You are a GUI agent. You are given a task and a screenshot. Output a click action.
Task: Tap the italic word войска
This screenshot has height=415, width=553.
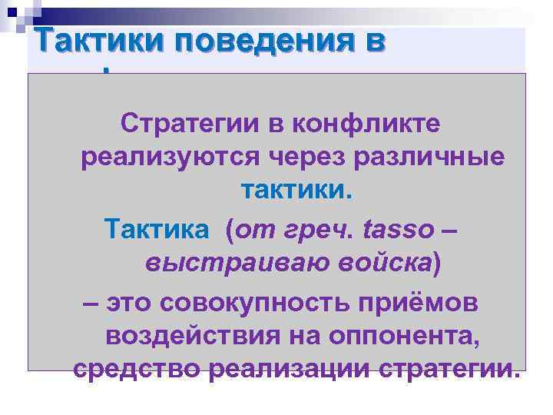[376, 264]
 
